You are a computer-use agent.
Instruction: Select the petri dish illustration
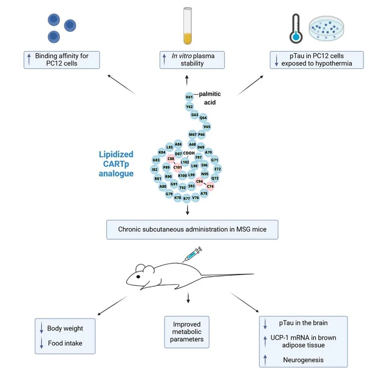click(x=328, y=28)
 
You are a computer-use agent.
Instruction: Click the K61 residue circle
click(x=189, y=97)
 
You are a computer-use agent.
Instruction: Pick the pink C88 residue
click(x=171, y=158)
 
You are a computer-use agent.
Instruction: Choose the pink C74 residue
click(x=210, y=186)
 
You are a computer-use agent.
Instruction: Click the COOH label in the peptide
click(x=189, y=153)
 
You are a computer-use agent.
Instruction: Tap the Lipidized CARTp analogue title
click(x=117, y=164)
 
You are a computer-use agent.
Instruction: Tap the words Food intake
click(x=64, y=343)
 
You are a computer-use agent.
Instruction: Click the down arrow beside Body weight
click(x=41, y=329)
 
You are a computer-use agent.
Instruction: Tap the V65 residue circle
click(x=207, y=127)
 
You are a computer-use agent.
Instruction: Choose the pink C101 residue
click(x=177, y=167)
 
